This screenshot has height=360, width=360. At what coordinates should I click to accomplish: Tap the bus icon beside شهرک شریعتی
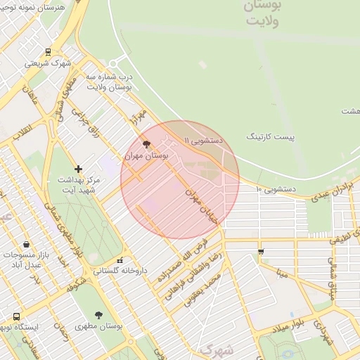tap(48, 51)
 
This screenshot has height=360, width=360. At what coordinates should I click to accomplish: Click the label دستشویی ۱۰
tap(276, 189)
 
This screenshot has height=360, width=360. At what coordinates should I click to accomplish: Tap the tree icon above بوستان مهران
tap(146, 144)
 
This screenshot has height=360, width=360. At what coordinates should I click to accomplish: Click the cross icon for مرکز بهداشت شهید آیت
tap(78, 169)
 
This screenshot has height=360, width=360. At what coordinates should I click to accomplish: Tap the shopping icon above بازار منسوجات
tap(26, 244)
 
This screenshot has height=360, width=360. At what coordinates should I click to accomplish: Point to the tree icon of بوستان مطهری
tap(98, 315)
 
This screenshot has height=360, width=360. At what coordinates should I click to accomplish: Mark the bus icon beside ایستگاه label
tap(16, 316)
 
